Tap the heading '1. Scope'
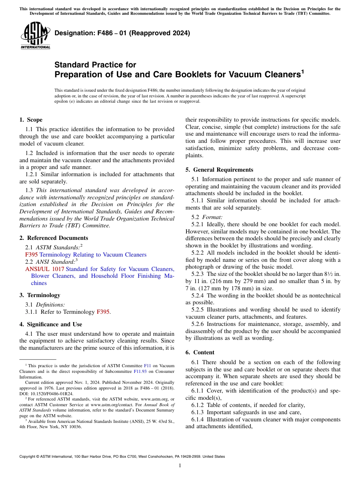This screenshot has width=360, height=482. [31, 120]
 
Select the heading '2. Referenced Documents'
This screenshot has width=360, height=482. [53, 238]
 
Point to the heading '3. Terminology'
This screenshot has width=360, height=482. [39, 295]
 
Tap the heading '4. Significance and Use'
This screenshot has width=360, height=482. [50, 324]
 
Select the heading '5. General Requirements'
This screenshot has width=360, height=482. [219, 170]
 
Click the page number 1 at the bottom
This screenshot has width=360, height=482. [180, 465]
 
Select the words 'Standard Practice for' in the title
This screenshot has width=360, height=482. [95, 65]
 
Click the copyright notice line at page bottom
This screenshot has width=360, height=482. [122, 457]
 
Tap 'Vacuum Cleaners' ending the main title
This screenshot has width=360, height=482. [267, 74]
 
